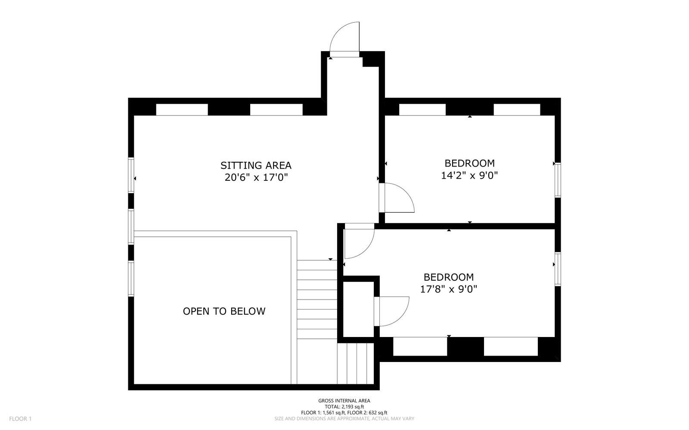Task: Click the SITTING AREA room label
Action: point(256,165)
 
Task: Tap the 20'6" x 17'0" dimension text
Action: point(256,177)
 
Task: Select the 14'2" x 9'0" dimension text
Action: point(469,175)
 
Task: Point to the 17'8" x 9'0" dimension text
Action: point(448,289)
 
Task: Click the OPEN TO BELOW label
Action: point(224,311)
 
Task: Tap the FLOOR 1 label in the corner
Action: point(20,419)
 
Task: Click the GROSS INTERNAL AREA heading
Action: point(344,400)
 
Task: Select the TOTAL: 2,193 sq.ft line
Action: point(344,407)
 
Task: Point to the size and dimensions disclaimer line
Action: point(344,418)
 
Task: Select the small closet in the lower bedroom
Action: point(358,309)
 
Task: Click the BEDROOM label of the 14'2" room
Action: point(469,163)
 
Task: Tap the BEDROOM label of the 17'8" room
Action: point(448,277)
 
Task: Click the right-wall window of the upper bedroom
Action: point(558,180)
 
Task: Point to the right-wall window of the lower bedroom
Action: point(558,269)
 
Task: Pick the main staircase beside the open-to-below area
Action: point(317,300)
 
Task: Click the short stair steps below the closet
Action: point(356,363)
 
